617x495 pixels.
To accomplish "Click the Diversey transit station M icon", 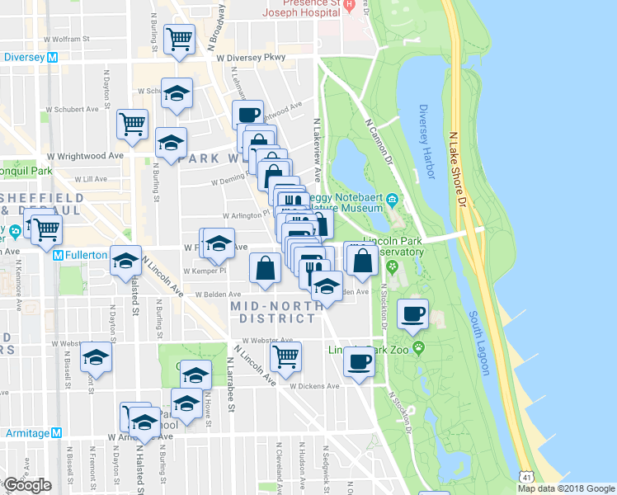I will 52,58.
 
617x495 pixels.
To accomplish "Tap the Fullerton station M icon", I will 59,256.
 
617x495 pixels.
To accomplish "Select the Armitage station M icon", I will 56,432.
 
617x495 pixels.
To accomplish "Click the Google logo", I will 27,485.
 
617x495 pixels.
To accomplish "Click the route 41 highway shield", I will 526,477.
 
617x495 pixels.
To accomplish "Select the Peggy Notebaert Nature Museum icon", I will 393,199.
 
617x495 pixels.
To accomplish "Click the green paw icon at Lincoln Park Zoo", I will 419,347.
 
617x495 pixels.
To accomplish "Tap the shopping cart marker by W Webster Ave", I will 285,356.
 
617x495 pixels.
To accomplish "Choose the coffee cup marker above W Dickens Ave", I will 358,361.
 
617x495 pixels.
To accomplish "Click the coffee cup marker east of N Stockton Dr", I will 413,313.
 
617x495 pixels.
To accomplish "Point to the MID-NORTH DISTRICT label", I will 272,313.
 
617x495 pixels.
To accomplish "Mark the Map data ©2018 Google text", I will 565,488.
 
